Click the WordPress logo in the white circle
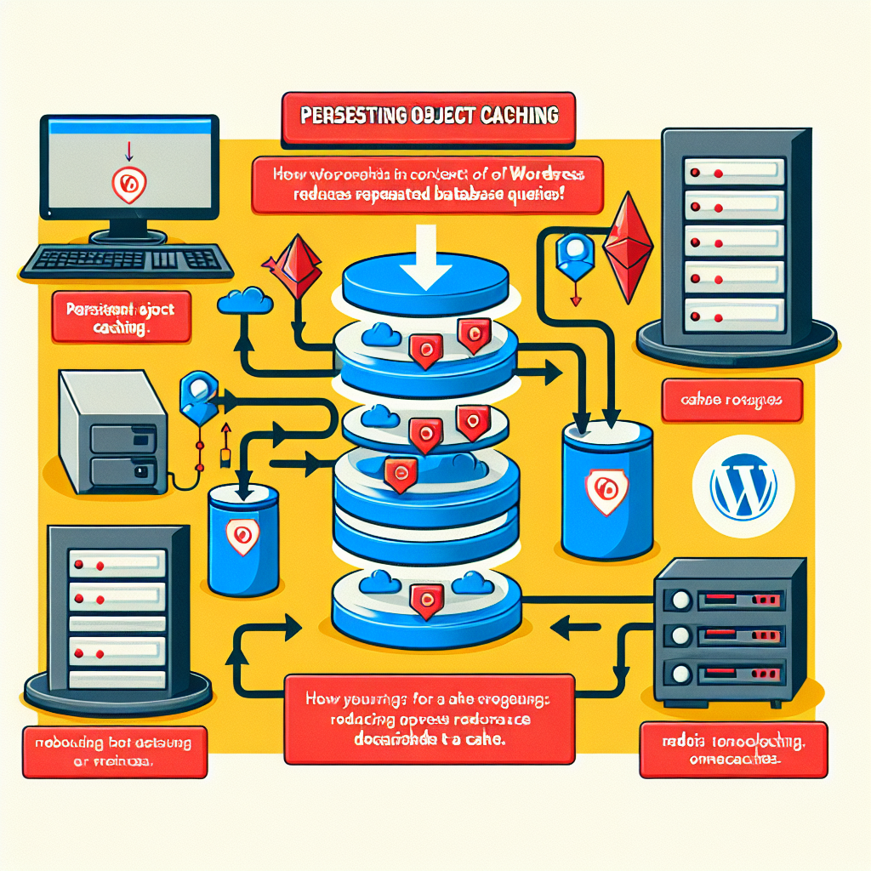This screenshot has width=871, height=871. pyautogui.click(x=741, y=488)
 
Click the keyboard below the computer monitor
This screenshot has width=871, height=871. pyautogui.click(x=127, y=259)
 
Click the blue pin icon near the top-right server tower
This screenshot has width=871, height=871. pyautogui.click(x=572, y=252)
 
